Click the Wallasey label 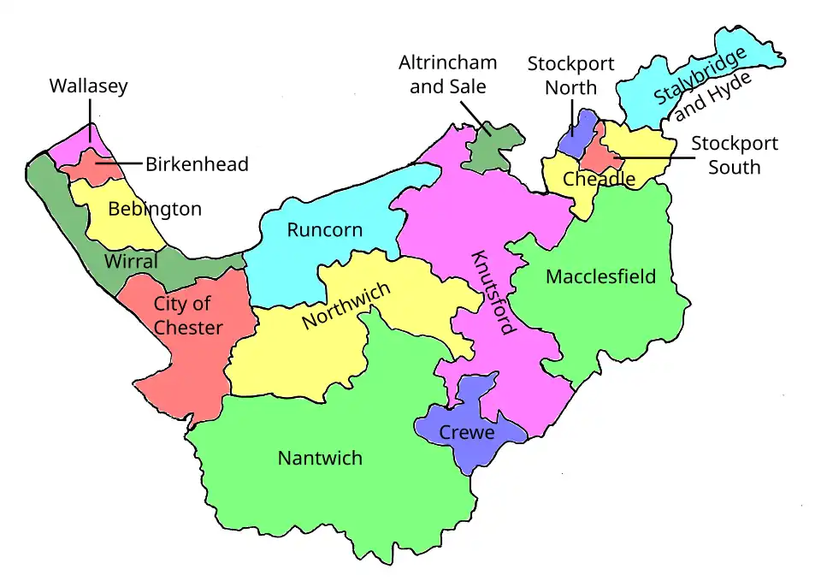pos(88,86)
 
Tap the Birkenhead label pos(197,164)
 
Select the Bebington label pos(155,209)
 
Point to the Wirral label pos(131,262)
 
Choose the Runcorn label pos(324,230)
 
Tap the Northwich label pos(346,305)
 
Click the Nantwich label pos(320,459)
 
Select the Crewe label pos(467,433)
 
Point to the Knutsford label pos(492,293)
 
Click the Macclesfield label pos(601,276)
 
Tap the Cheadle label pos(599,179)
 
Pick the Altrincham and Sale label pos(448,75)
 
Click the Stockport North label pos(570,76)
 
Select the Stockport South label pos(734,155)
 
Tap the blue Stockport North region pos(581,127)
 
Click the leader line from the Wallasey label pos(88,116)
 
